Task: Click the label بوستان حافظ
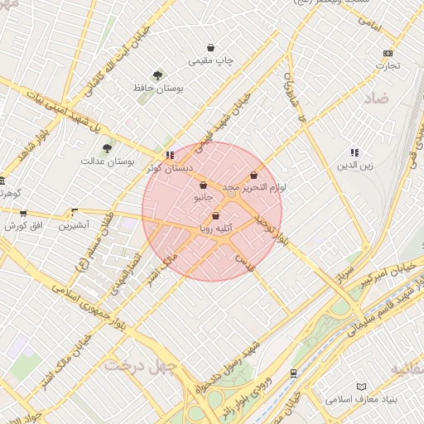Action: pos(159,87)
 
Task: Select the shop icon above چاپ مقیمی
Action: pos(211,48)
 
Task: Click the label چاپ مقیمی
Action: pos(212,60)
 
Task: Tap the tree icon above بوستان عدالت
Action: pos(107,148)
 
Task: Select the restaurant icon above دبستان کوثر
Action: pos(170,155)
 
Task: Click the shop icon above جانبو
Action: pos(204,186)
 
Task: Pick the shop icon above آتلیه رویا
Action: pos(216,216)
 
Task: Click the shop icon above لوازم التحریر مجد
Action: pos(253,176)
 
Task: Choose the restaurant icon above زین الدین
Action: pos(354,152)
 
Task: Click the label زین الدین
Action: pos(355,165)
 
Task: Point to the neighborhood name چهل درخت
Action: pos(140,365)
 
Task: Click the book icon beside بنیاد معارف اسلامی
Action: pos(360,387)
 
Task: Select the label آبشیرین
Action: pos(73,224)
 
